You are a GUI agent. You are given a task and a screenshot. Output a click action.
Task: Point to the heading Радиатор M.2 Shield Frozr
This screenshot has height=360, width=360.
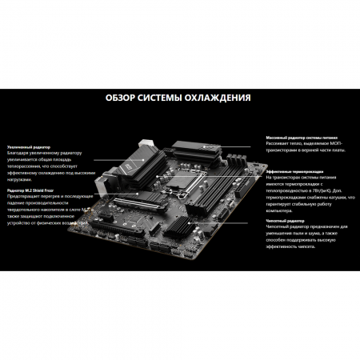33,189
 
